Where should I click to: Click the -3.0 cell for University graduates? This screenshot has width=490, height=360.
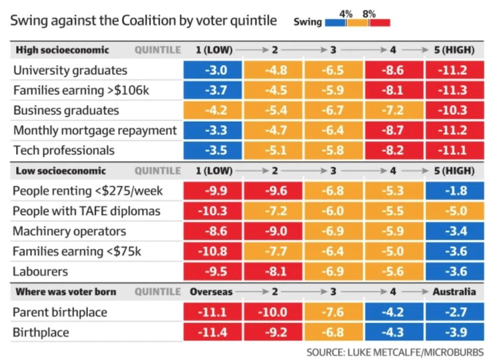pos(213,70)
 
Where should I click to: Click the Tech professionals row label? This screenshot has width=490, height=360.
pos(63,150)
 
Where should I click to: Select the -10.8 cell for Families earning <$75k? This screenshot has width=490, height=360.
pos(213,252)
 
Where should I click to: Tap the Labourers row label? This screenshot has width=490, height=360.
pos(40,271)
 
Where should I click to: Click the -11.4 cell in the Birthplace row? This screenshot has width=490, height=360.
pos(213,333)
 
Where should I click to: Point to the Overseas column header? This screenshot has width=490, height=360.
pos(211,292)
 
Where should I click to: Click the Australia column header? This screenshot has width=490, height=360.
pos(454,292)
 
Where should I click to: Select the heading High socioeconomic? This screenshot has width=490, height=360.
pos(62,50)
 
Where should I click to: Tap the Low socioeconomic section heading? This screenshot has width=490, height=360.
pos(61,171)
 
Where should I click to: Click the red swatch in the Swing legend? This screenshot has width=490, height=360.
pos(379,23)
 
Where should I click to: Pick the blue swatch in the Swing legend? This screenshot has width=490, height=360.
pos(336,23)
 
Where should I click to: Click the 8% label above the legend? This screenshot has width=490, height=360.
pos(369,13)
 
